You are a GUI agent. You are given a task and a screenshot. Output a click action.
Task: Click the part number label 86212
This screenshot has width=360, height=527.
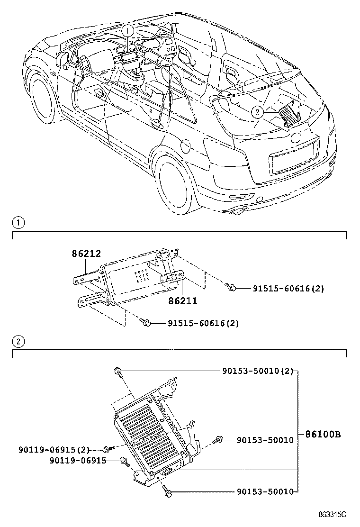click(x=86, y=254)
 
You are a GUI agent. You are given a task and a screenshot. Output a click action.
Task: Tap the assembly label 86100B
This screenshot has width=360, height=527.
click(x=323, y=434)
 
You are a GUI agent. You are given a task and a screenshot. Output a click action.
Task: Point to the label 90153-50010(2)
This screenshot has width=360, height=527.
click(x=258, y=371)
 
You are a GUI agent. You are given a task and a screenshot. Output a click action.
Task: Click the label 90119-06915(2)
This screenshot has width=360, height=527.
click(x=54, y=449)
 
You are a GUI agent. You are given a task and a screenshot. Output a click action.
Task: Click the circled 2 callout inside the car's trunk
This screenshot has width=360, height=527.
click(x=257, y=112)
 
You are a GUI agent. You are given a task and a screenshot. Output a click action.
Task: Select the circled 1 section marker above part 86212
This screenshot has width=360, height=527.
click(x=17, y=222)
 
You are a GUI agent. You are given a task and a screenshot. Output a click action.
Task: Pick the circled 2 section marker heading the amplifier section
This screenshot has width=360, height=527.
click(x=17, y=341)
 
